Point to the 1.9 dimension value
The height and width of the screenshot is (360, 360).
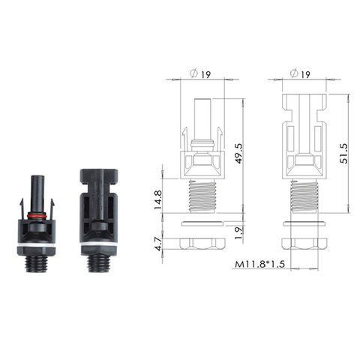click(x=238, y=231)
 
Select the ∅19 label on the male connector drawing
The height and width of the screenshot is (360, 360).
click(x=200, y=74)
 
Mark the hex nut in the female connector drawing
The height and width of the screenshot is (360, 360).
click(x=304, y=244)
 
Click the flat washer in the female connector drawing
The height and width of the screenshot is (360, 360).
click(x=304, y=223)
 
